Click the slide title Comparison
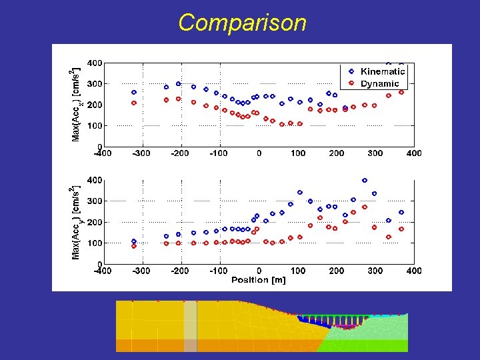click(x=242, y=23)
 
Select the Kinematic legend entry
click(x=382, y=71)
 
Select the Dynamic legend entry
click(x=379, y=84)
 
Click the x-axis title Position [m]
click(x=258, y=280)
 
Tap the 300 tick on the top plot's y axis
click(x=94, y=84)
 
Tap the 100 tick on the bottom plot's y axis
click(x=94, y=243)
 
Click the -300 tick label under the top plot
click(x=141, y=153)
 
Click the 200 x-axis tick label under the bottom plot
click(x=336, y=271)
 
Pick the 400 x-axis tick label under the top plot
click(x=413, y=153)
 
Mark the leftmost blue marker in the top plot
click(x=134, y=93)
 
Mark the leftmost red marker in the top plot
click(x=134, y=103)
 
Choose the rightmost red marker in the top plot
click(x=401, y=93)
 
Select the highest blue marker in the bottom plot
click(x=365, y=181)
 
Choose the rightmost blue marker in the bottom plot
click(x=401, y=213)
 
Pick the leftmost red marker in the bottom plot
click(x=134, y=246)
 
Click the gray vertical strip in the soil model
click(x=191, y=325)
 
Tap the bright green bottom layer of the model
click(x=373, y=345)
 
